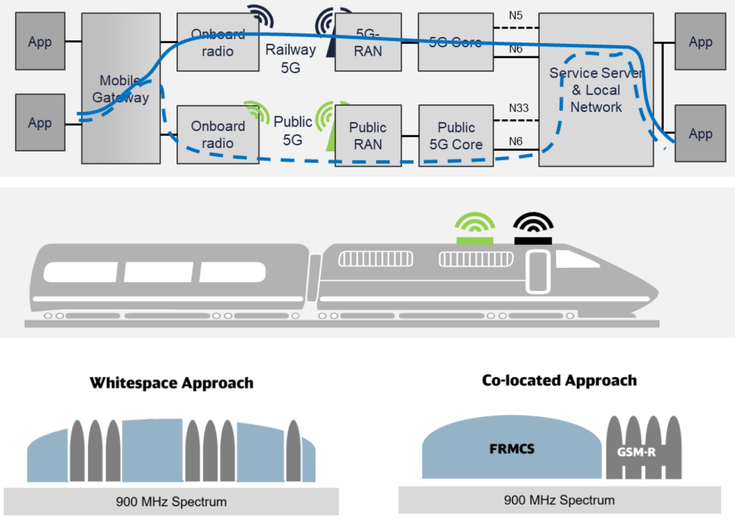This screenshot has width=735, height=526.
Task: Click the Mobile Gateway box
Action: pos(121,89)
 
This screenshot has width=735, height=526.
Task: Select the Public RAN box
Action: pos(368,135)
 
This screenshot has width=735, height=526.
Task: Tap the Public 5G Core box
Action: pos(456,135)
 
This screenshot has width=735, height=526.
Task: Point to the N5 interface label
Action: pos(515,15)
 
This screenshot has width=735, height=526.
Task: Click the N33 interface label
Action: pos(519,108)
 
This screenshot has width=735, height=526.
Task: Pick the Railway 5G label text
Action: pos(290,58)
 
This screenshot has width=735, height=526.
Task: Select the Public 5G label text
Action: pos(292,131)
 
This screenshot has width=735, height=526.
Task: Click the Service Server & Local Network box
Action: pos(596,90)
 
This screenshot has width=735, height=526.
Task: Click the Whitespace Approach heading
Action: pos(171,383)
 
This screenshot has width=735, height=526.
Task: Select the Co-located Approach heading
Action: pos(559,381)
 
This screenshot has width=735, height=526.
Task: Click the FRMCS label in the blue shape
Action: pos(512,448)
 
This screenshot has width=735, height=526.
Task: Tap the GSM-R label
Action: pos(636,452)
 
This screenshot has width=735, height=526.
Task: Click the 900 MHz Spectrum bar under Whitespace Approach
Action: pos(171,502)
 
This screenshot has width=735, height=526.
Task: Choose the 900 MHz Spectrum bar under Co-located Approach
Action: pos(559,500)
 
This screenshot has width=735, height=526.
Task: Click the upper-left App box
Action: pos(40,42)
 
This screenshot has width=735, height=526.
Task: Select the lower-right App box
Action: pos(701,134)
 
